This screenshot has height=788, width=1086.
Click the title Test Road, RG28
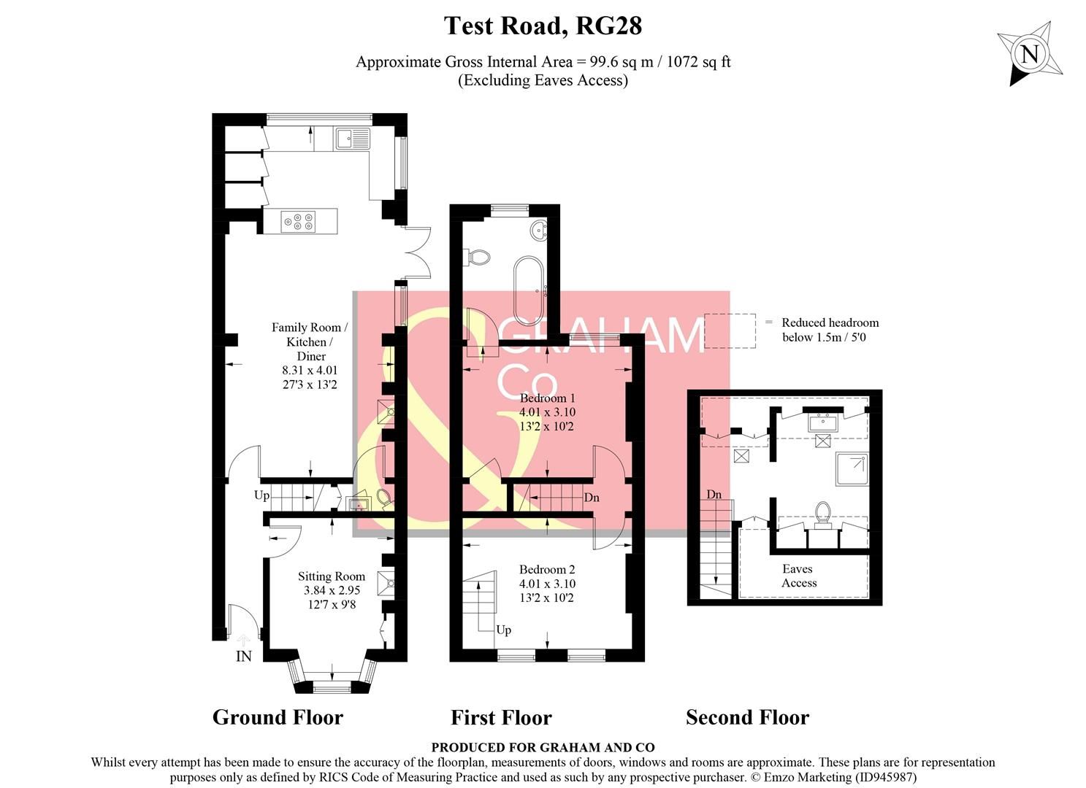tap(543, 26)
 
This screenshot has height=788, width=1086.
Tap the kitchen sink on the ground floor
tap(353, 138)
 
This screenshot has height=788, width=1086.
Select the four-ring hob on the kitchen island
tap(300, 220)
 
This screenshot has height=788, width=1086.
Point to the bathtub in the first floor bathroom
tap(527, 290)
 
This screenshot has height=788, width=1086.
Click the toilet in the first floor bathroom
tap(478, 257)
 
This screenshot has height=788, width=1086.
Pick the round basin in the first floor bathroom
tap(540, 230)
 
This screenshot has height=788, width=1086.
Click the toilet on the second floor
tap(824, 513)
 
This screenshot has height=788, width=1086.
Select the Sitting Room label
tap(331, 576)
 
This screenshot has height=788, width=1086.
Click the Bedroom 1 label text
tap(547, 398)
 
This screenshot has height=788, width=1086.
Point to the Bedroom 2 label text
tap(547, 569)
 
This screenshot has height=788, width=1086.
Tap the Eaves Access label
tap(798, 576)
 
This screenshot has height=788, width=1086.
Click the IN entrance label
tap(243, 657)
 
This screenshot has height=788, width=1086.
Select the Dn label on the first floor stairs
tap(592, 498)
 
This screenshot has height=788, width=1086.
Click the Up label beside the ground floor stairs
tap(261, 495)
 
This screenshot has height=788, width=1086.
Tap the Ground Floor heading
tap(278, 717)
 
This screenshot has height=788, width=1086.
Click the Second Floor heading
tap(747, 718)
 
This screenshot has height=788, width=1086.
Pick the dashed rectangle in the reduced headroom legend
tap(730, 331)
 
